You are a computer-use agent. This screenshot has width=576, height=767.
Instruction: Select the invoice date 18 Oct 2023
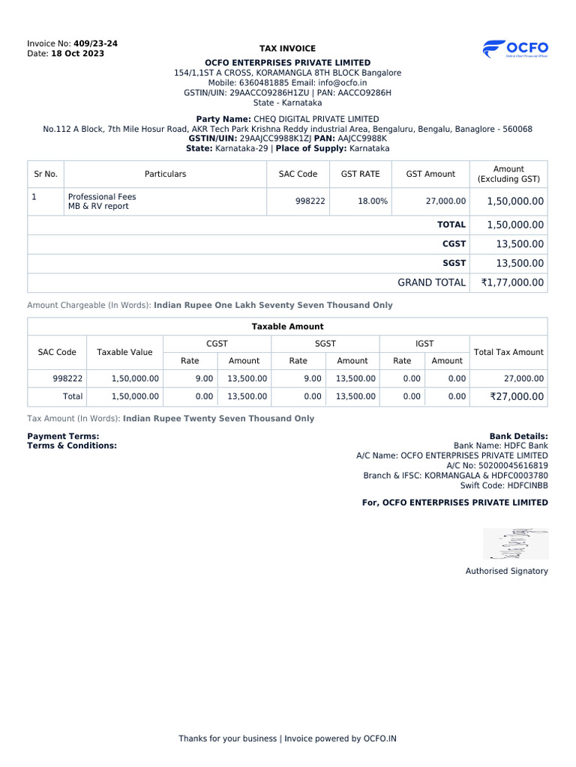pyautogui.click(x=77, y=54)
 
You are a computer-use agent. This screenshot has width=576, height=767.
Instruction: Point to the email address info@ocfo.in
pyautogui.click(x=343, y=83)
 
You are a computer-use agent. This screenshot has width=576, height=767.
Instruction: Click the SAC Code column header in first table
pyautogui.click(x=298, y=174)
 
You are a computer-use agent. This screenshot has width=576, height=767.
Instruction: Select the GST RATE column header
pyautogui.click(x=360, y=174)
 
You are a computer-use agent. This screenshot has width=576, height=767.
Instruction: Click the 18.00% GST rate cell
pyautogui.click(x=373, y=201)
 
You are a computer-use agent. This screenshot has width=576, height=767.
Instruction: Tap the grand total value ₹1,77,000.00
pyautogui.click(x=513, y=282)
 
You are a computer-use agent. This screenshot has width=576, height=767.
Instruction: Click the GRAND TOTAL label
pyautogui.click(x=431, y=282)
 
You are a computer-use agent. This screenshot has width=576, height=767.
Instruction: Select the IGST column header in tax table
pyautogui.click(x=424, y=344)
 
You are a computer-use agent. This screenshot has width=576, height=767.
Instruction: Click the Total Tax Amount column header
pyautogui.click(x=509, y=352)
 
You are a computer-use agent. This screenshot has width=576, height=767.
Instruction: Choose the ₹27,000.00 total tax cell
pyautogui.click(x=517, y=397)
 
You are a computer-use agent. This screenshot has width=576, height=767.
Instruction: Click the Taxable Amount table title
pyautogui.click(x=287, y=327)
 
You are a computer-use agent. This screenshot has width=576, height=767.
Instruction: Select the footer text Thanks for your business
pyautogui.click(x=227, y=739)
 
